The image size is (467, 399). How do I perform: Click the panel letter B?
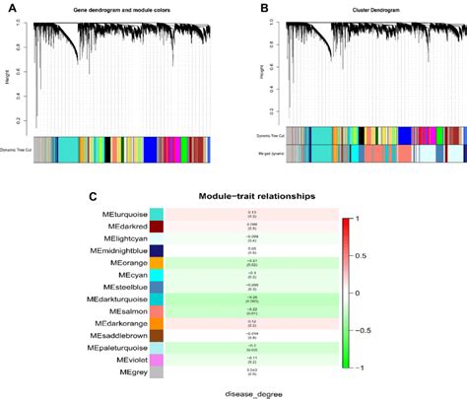point(264,8)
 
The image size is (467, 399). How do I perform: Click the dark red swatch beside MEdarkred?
point(157,227)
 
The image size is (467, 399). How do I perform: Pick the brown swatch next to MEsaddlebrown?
point(157,336)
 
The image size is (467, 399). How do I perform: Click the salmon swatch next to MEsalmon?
point(157,310)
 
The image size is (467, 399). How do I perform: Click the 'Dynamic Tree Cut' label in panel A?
point(18,149)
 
